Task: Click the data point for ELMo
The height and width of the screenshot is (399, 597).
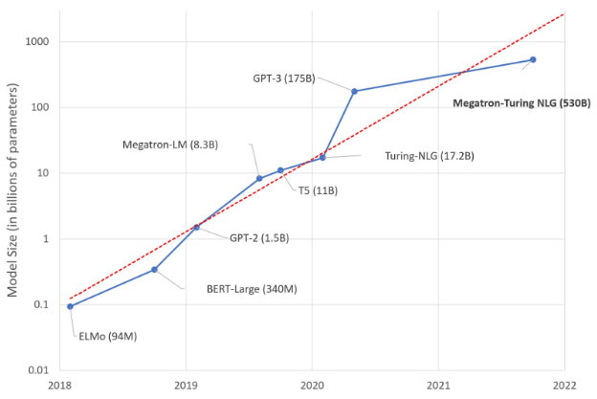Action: point(70,306)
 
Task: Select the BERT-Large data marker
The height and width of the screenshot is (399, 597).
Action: point(155,270)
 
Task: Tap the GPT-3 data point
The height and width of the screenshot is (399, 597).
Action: point(355,91)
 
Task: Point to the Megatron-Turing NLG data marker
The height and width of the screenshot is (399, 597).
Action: point(533,59)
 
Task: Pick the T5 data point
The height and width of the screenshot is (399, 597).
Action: point(280,170)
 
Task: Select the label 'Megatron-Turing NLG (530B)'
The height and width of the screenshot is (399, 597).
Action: point(521,101)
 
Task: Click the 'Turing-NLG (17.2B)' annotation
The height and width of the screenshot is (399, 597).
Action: point(430,155)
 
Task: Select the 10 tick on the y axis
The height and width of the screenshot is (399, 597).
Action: point(40,173)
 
